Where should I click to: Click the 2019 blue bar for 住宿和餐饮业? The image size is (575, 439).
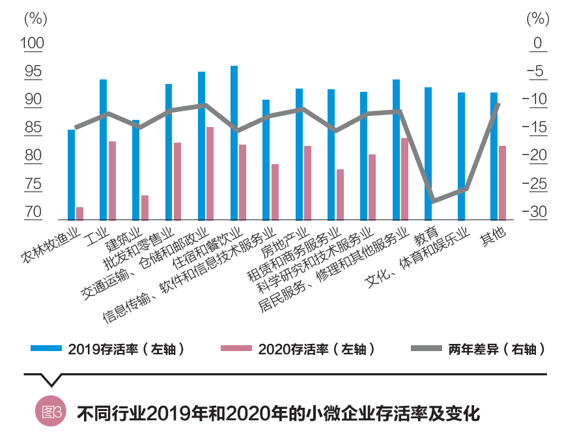tap(234, 143)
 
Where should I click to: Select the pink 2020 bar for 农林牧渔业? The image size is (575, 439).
tap(79, 214)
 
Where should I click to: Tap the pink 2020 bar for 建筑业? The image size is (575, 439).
tap(145, 208)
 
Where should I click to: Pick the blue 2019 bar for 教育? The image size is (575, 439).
tap(428, 154)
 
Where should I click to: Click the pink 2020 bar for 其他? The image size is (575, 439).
tap(502, 183)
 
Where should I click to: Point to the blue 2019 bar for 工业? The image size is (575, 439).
tap(103, 150)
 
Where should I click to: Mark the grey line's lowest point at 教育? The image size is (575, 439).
tap(432, 201)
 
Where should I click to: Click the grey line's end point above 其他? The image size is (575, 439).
tap(498, 104)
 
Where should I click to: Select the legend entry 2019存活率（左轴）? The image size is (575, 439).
tap(111, 348)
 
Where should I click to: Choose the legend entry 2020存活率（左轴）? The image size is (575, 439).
tap(300, 348)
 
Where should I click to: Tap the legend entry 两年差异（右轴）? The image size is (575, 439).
tap(479, 348)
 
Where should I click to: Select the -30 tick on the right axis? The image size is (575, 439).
tap(537, 212)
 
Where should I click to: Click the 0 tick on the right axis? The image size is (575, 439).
tap(538, 44)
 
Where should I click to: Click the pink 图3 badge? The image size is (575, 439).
tap(50, 413)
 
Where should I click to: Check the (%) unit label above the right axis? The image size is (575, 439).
tap(537, 18)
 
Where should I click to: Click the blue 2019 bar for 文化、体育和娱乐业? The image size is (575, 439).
tap(461, 156)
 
